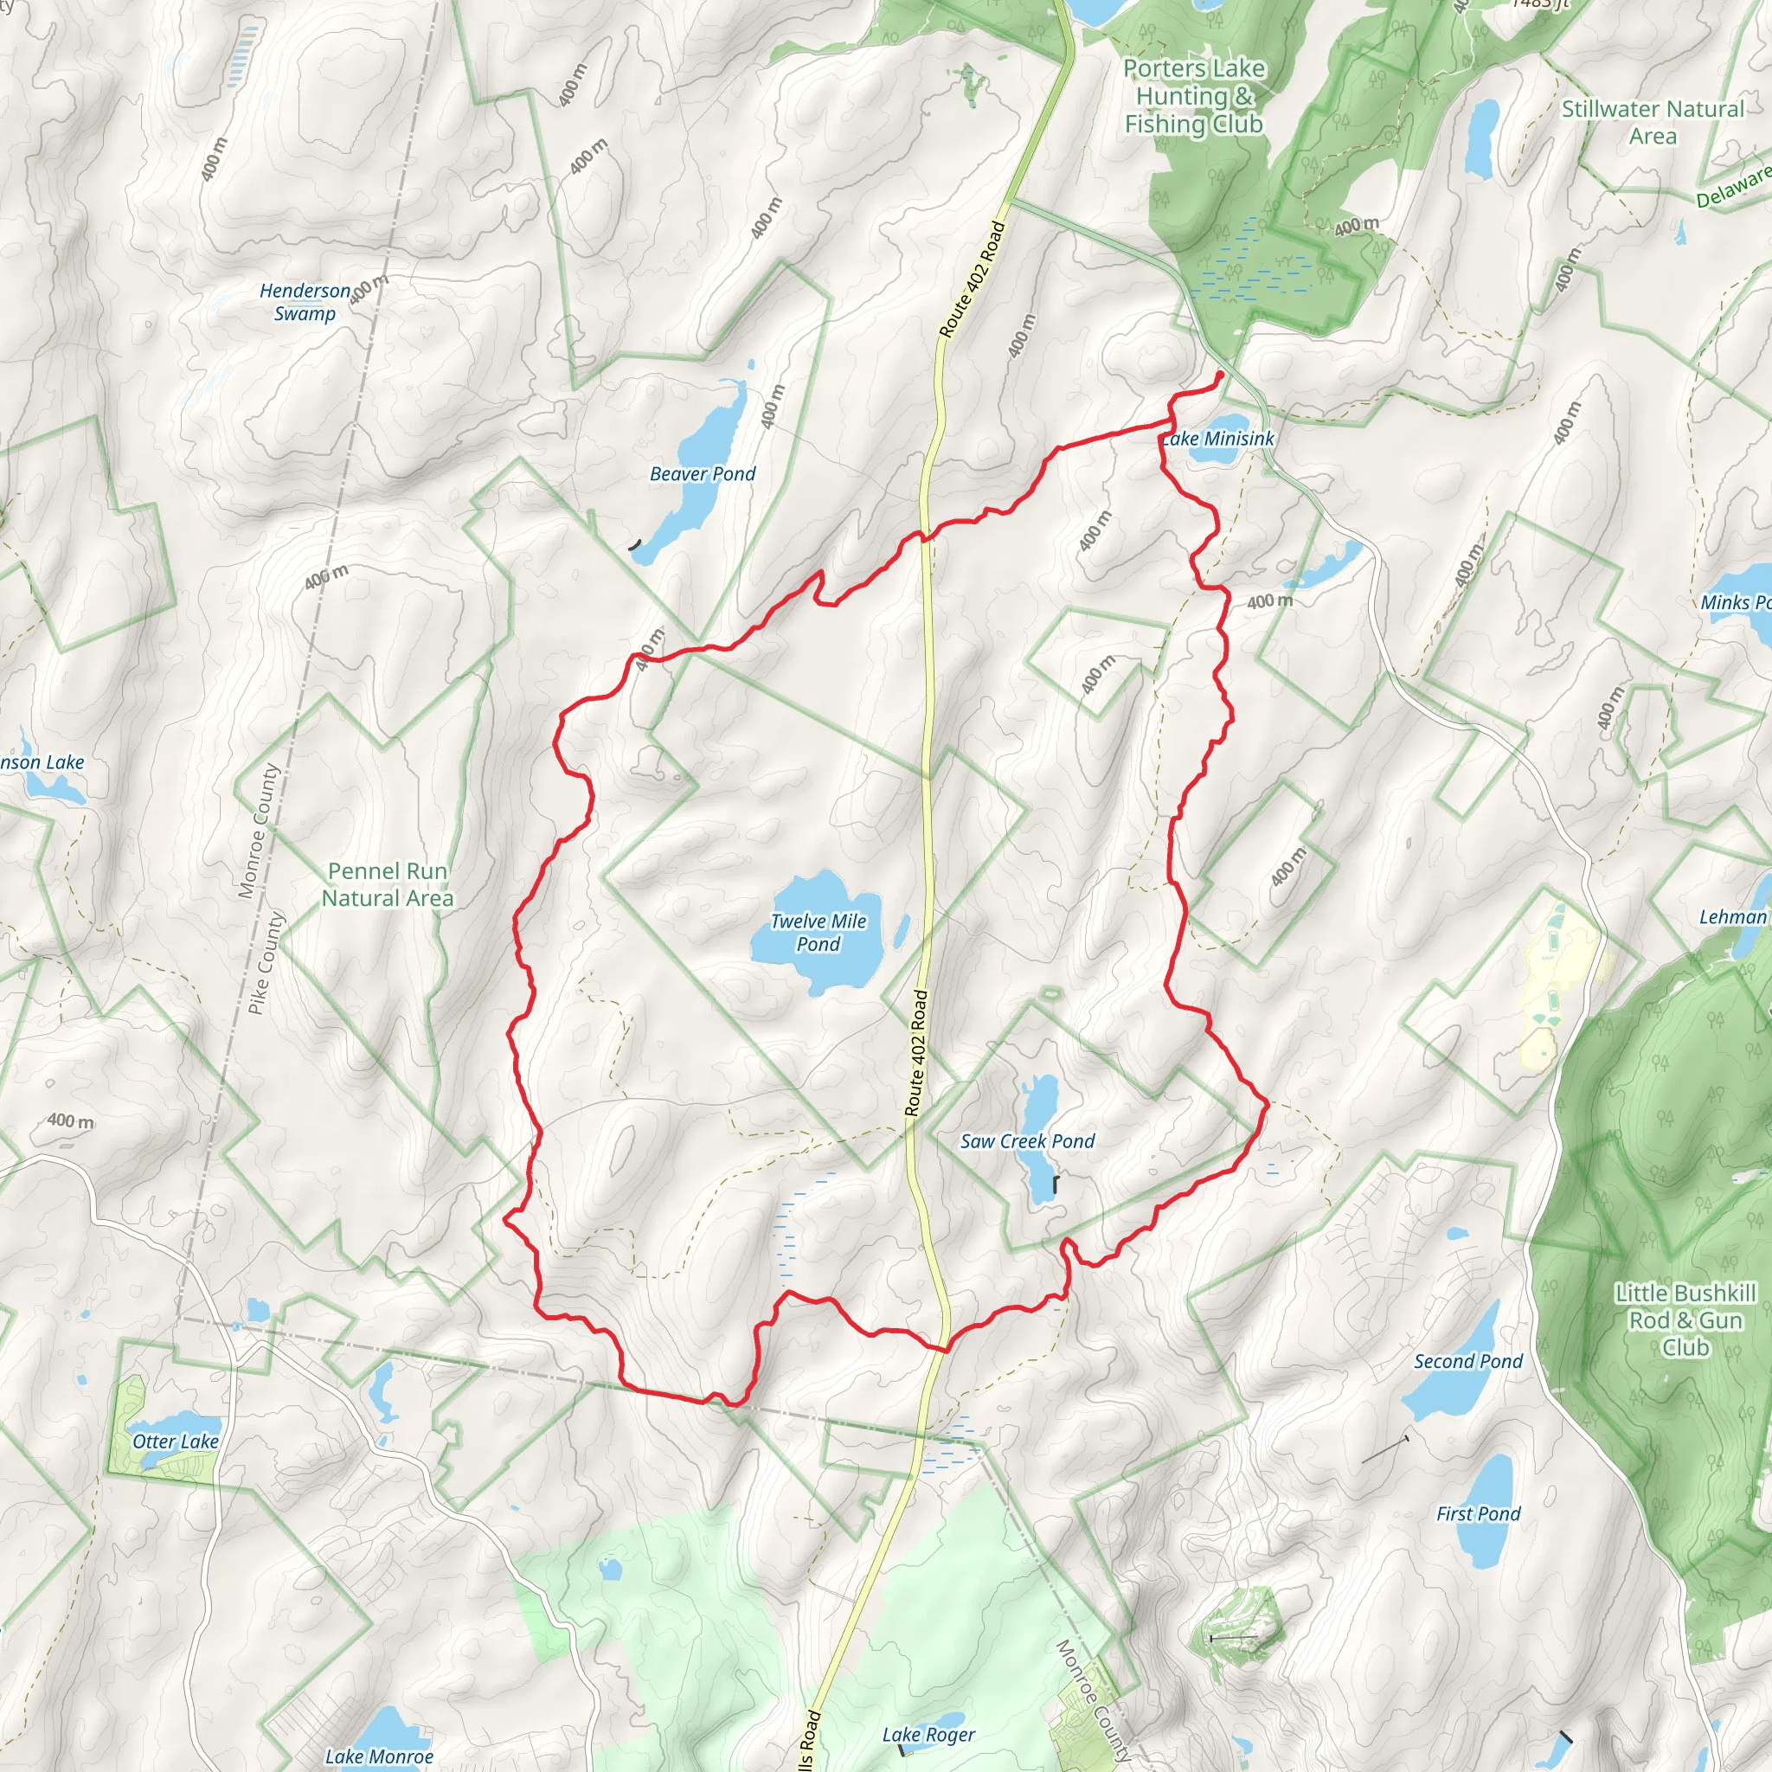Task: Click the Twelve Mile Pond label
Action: [x=819, y=933]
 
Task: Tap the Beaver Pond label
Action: [x=703, y=474]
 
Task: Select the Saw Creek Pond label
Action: [x=1027, y=1142]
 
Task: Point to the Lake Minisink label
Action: [x=1218, y=440]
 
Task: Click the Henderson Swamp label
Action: [x=305, y=302]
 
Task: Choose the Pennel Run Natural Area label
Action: [x=387, y=885]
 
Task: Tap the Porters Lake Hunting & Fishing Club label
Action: [x=1193, y=96]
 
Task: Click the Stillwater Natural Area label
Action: [x=1653, y=122]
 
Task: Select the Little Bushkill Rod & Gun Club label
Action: [x=1685, y=1319]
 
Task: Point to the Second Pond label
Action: [x=1467, y=1361]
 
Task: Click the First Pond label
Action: [x=1479, y=1514]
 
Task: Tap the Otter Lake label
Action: [x=175, y=1441]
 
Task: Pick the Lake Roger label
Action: [x=928, y=1736]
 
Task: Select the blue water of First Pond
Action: [x=1486, y=1486]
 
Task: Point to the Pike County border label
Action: [x=266, y=962]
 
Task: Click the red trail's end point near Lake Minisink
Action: [x=1221, y=374]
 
